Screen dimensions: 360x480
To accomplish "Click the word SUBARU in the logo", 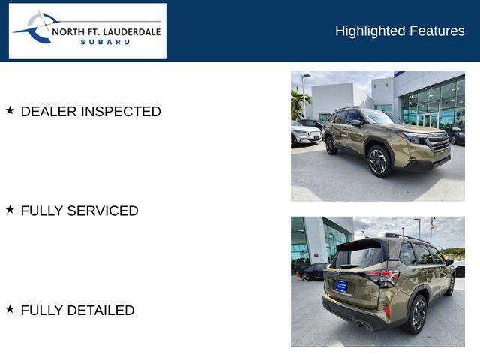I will [105, 42].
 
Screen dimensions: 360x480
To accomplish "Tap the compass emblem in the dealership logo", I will [39, 28].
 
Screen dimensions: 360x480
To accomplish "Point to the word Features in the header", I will [436, 31].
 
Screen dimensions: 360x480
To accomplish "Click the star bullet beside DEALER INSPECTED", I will [10, 110].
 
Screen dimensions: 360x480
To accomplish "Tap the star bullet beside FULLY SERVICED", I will [10, 210].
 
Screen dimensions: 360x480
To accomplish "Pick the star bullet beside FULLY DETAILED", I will [10, 309].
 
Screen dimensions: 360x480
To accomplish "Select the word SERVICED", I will [103, 211].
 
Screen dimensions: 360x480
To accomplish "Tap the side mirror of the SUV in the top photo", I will [355, 123].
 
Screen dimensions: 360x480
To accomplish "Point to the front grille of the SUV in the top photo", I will [437, 142].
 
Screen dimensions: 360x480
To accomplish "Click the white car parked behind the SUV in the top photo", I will [305, 134].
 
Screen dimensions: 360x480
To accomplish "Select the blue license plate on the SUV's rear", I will [340, 286].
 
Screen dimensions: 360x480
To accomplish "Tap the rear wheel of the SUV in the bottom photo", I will [417, 313].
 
